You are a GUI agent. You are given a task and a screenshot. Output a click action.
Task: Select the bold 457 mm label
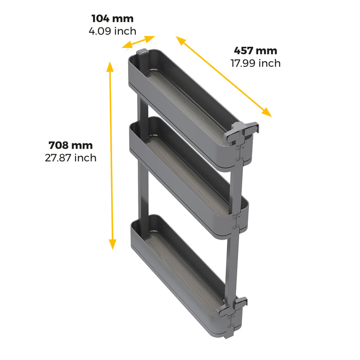pos(256,51)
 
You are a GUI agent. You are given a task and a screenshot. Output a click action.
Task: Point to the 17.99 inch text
pos(256,63)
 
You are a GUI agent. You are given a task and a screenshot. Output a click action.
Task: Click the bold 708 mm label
pos(70,145)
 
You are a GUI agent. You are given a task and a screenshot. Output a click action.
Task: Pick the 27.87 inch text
pos(70,157)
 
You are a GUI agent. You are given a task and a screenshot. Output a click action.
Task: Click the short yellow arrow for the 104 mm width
pos(139,42)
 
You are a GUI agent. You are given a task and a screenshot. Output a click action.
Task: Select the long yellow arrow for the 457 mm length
pos(223,76)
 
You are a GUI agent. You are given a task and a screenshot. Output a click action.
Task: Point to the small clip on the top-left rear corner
pos(143,52)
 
